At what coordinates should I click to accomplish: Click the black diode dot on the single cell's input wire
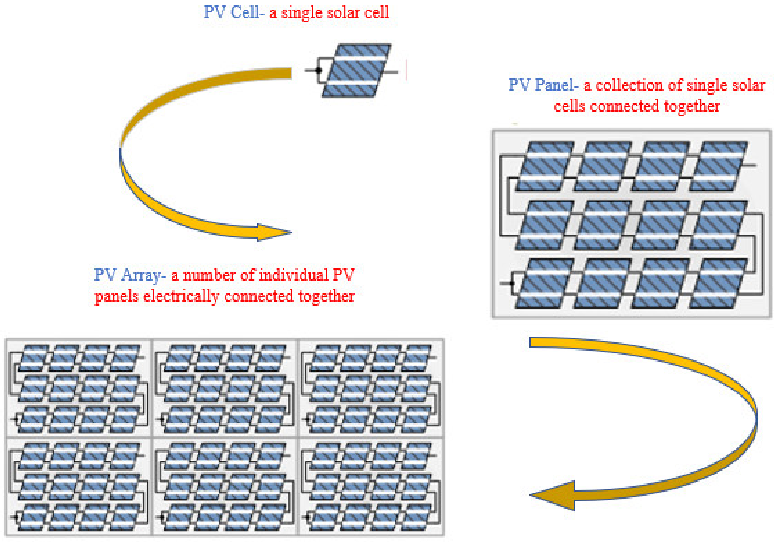click(318, 70)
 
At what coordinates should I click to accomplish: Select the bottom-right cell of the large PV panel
click(718, 283)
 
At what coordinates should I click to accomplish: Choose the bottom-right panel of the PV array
click(371, 487)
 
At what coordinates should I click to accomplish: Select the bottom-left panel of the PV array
click(79, 487)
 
